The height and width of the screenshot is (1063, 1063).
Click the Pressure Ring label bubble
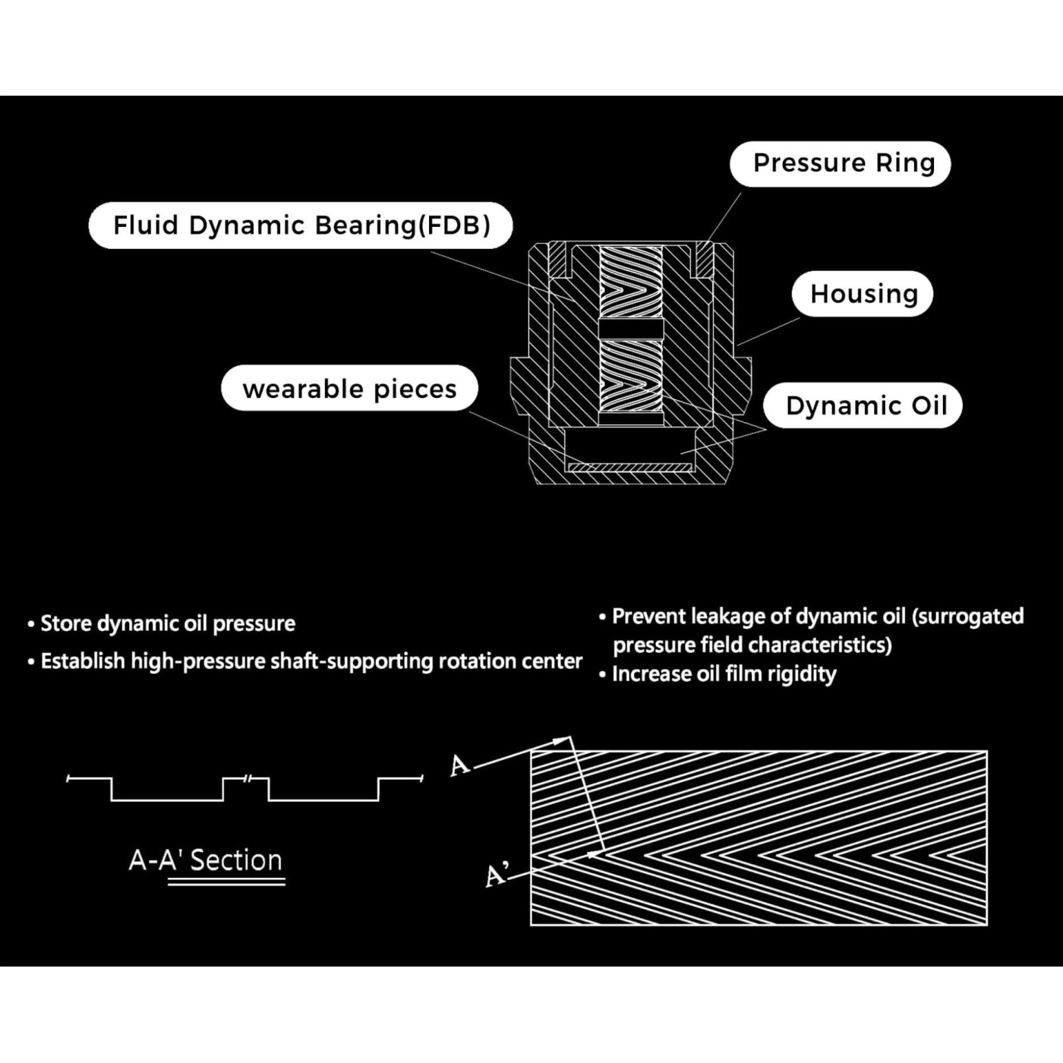[x=840, y=164]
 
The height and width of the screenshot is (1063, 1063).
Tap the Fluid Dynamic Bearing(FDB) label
[x=301, y=225]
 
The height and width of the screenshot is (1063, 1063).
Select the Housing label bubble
[x=863, y=294]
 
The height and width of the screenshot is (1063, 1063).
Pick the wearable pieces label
[x=349, y=388]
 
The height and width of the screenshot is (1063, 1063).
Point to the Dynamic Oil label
[x=863, y=405]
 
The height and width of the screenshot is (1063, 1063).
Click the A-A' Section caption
[x=205, y=860]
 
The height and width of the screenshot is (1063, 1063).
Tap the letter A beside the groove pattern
[x=459, y=765]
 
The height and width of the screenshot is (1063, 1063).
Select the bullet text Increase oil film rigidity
[x=724, y=674]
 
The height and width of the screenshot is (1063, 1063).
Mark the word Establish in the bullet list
[x=83, y=661]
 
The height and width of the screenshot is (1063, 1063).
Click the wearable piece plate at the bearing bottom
[x=629, y=467]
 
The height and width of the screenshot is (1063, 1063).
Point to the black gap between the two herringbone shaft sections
[x=631, y=329]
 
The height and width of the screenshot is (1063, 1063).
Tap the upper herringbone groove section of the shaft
[x=631, y=282]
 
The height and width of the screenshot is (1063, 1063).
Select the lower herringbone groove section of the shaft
[x=631, y=376]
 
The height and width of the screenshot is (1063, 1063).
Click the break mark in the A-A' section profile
[x=248, y=778]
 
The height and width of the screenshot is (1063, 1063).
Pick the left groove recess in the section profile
[x=167, y=790]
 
